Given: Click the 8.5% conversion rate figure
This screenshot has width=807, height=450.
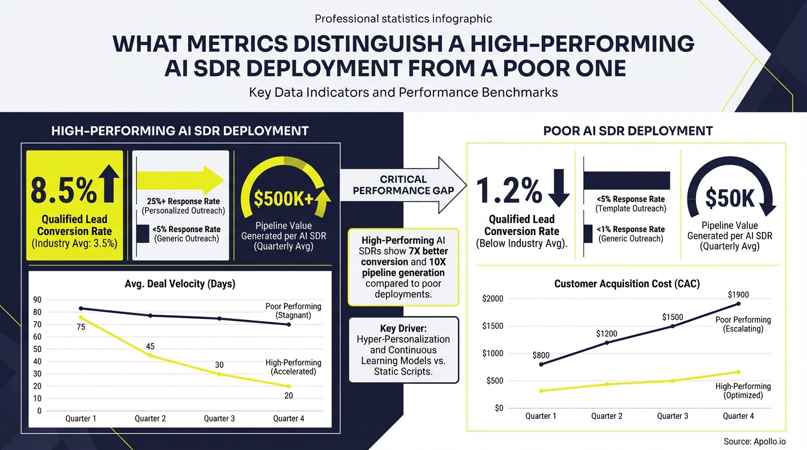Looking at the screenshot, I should point(63,189).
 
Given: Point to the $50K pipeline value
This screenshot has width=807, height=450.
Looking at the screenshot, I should point(730,199).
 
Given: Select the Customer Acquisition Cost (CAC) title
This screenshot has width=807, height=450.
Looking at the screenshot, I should point(627,284).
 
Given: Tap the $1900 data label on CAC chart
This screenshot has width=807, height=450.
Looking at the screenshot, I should point(738,295).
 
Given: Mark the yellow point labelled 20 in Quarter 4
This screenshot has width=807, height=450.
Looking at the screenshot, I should point(288,386).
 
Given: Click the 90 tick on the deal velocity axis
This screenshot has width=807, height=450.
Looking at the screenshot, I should point(37,299).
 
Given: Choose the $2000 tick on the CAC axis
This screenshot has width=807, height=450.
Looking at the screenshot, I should point(493,299).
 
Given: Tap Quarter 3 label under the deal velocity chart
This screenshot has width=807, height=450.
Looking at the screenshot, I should point(219,418).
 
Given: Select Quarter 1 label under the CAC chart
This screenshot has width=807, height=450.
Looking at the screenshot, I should point(541,416).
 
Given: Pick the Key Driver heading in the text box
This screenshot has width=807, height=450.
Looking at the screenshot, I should point(403,328).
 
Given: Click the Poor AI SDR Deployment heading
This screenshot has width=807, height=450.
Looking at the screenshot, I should point(628,131).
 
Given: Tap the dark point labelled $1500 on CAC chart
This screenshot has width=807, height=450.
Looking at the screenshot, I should point(672,326).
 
